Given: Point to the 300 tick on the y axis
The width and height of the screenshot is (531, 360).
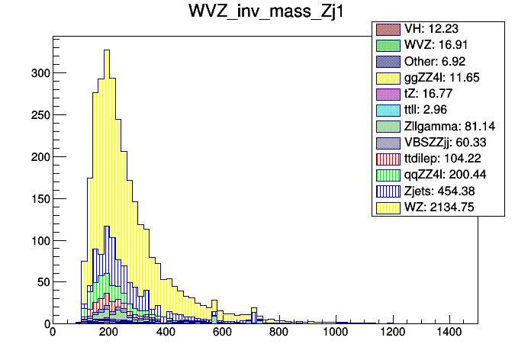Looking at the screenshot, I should (38, 73).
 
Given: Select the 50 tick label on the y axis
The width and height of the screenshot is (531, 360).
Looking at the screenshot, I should (41, 282).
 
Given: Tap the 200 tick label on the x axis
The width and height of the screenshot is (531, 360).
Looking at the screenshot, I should (108, 333).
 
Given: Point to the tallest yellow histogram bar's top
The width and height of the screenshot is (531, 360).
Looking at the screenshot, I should (107, 50).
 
